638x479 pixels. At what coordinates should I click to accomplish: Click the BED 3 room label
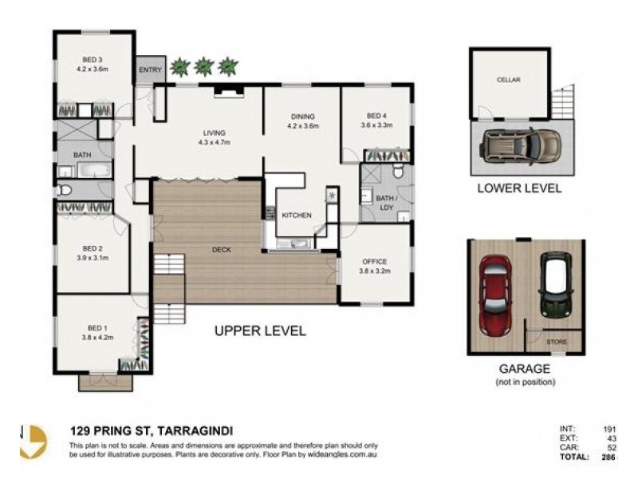pos(93,63)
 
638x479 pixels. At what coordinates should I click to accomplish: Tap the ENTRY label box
pos(150,69)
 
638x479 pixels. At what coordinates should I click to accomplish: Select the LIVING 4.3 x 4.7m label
pos(215,137)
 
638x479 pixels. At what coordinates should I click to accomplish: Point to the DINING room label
pos(302,121)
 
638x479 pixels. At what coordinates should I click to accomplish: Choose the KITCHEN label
pos(296,216)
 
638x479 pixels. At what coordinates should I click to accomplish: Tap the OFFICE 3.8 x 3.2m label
pos(374,266)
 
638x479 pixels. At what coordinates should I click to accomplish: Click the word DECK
pos(221,250)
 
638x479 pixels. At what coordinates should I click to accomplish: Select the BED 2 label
pos(93,252)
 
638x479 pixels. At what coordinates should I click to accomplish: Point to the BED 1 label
pos(93,331)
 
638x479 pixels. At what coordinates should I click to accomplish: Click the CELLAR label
pos(508,81)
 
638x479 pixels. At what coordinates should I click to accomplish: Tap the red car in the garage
pos(494,295)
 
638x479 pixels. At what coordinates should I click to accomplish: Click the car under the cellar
pos(520,145)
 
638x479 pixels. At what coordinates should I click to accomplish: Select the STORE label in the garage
pos(557,342)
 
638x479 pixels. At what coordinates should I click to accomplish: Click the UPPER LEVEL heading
pos(259,331)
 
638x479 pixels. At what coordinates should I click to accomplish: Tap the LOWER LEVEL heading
pos(519,189)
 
